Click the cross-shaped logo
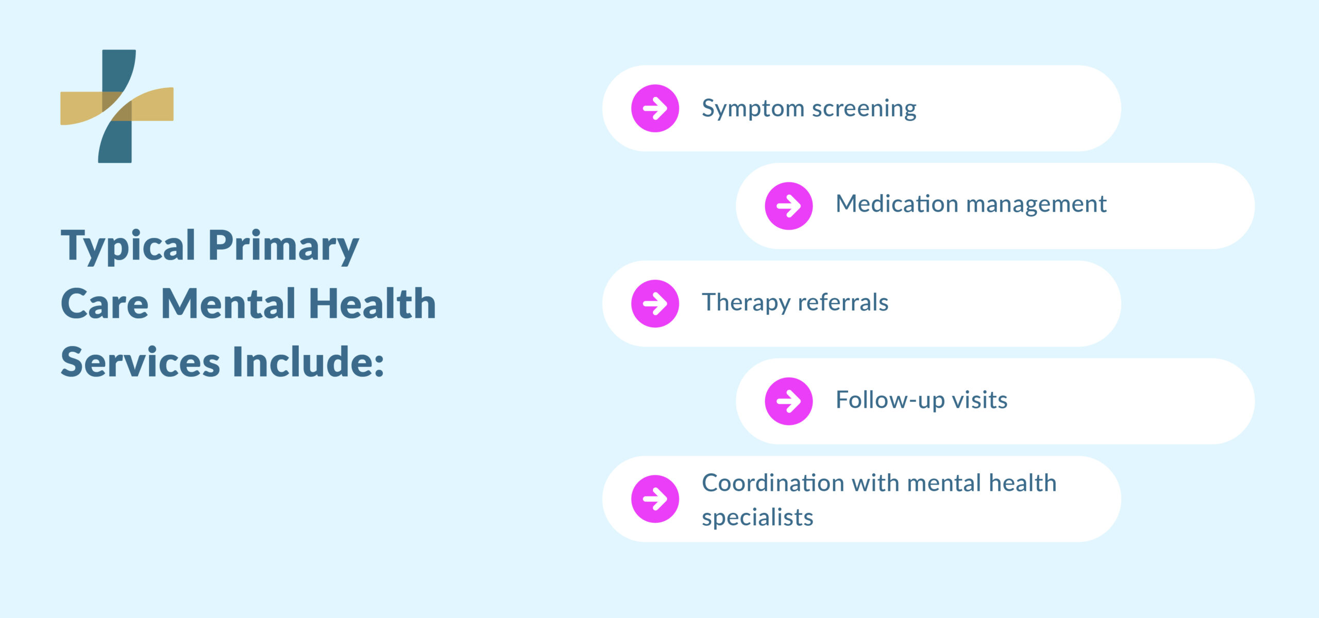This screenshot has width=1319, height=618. (x=117, y=106)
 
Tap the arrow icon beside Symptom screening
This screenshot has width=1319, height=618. (x=655, y=109)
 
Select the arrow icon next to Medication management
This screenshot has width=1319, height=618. (x=788, y=206)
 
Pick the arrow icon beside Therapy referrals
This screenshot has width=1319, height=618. (x=655, y=303)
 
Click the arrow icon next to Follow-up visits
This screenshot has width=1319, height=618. (x=788, y=401)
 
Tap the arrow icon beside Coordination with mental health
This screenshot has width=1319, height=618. (x=655, y=499)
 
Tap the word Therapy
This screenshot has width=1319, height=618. (x=745, y=303)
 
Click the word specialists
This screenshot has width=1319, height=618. (x=757, y=518)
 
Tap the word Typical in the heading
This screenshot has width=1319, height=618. (x=128, y=246)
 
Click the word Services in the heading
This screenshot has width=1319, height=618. (x=140, y=362)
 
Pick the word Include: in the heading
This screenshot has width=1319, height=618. (x=308, y=362)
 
